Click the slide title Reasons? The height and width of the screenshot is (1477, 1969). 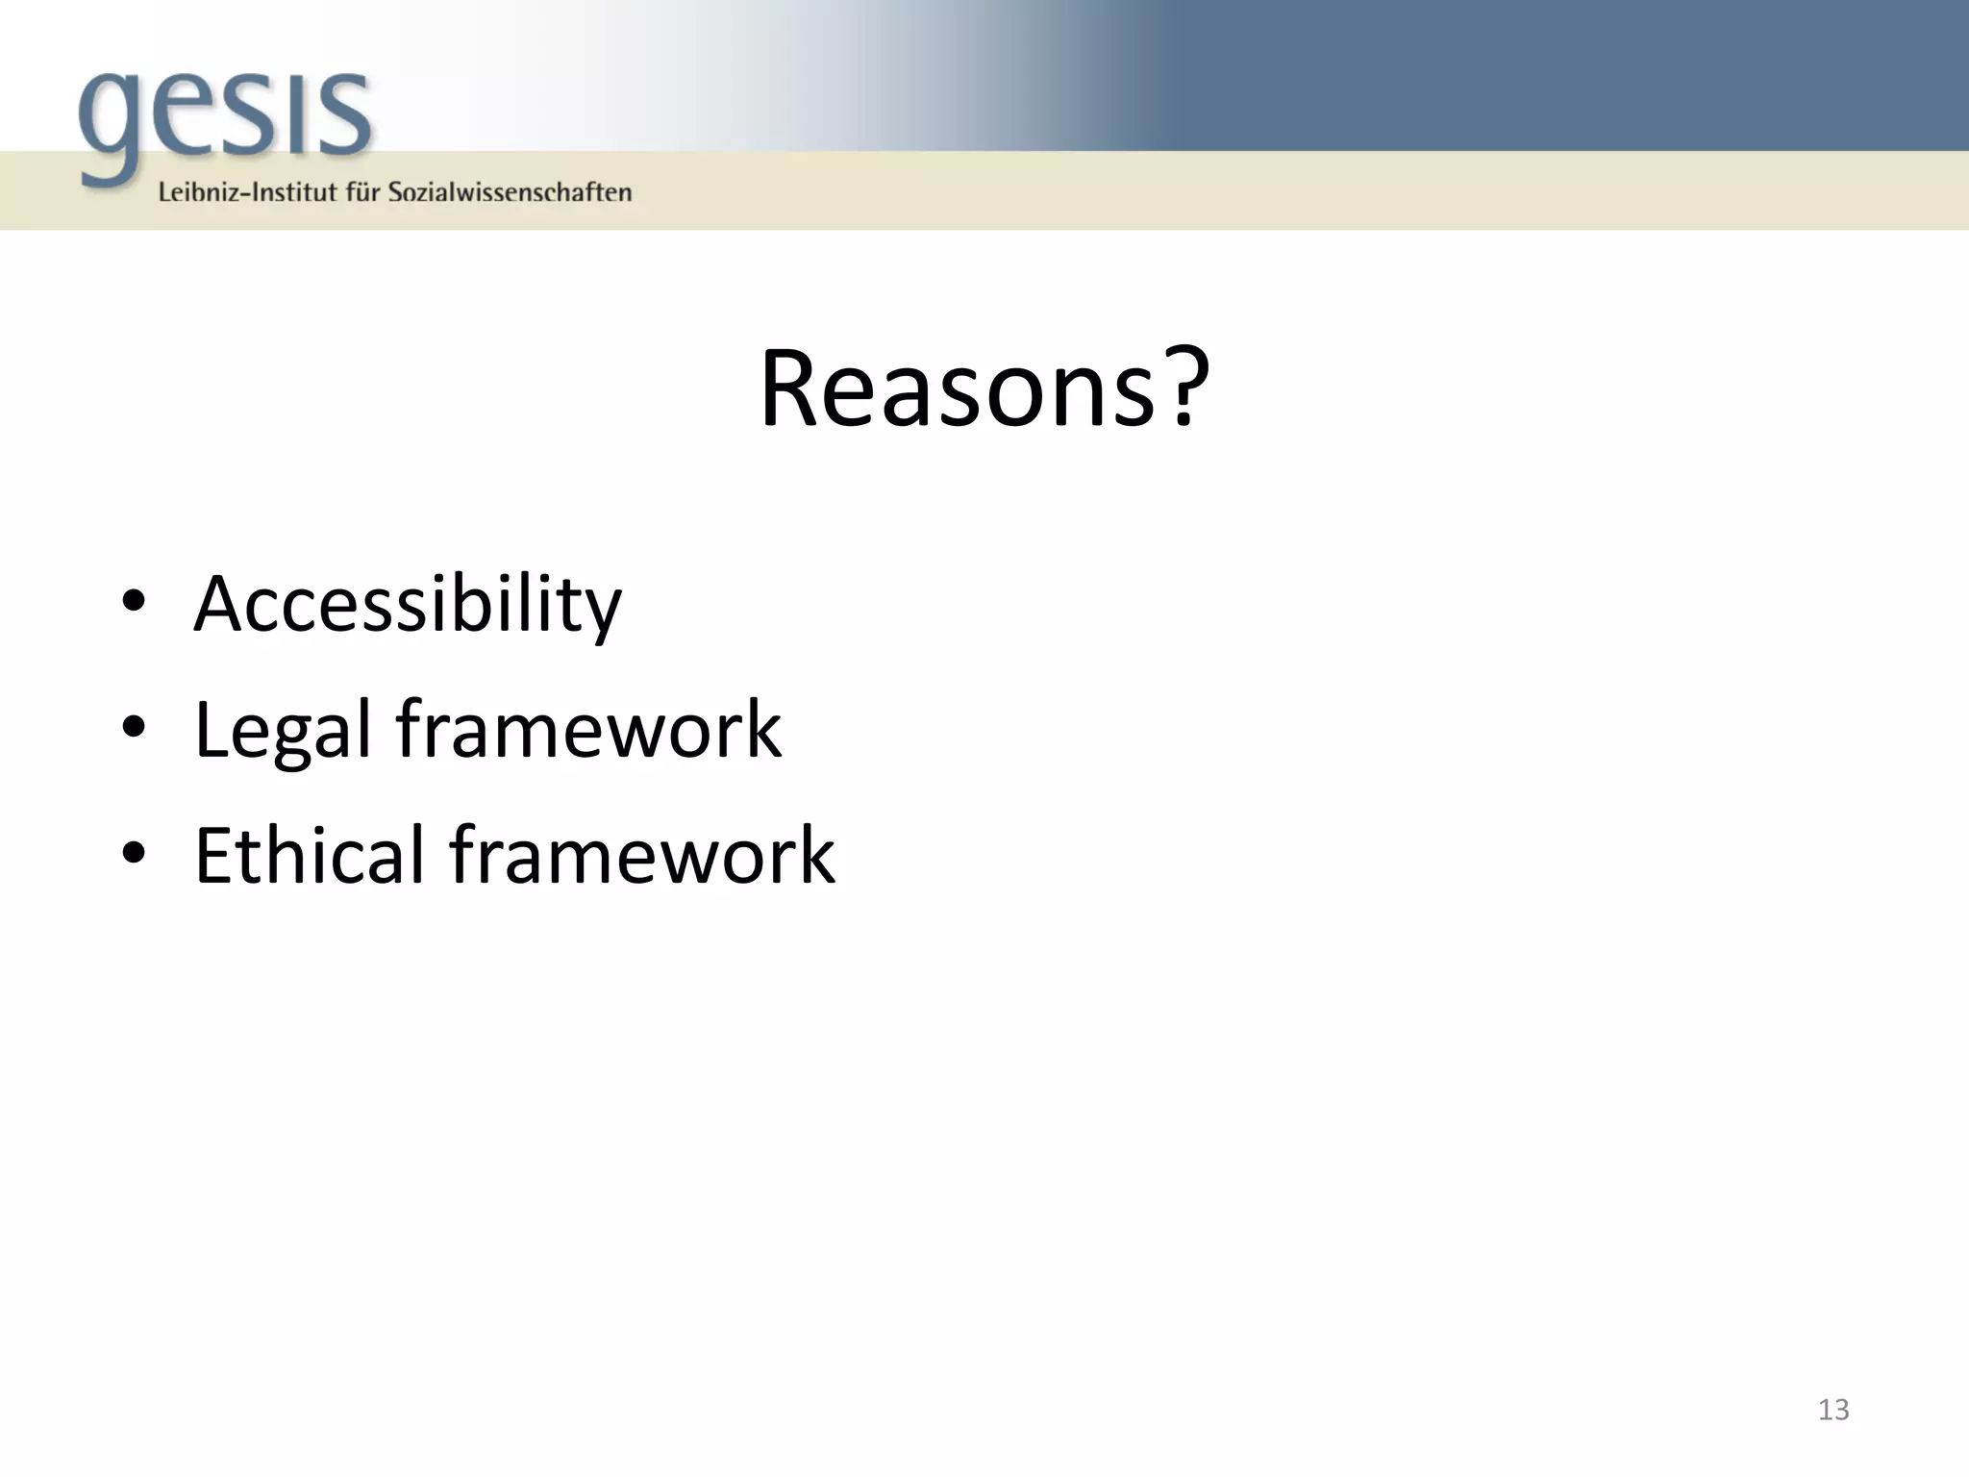click(984, 389)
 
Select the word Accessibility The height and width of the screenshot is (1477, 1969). click(408, 604)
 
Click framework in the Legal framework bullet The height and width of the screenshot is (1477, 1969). click(588, 730)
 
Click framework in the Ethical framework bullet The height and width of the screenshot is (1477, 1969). click(642, 855)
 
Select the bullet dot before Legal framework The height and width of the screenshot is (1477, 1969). click(134, 728)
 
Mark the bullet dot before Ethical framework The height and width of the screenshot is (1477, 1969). click(134, 853)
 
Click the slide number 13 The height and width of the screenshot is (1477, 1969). click(1833, 1410)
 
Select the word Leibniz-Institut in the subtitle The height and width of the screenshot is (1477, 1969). click(248, 192)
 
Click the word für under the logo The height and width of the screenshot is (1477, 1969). click(363, 192)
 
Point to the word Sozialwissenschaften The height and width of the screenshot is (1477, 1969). click(510, 192)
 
